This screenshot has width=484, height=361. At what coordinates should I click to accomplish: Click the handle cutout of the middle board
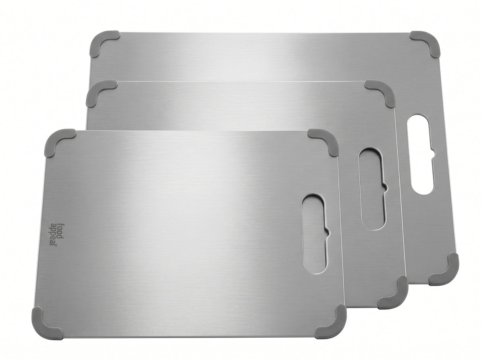[x=373, y=189]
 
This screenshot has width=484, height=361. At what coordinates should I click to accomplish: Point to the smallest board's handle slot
[x=315, y=234]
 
